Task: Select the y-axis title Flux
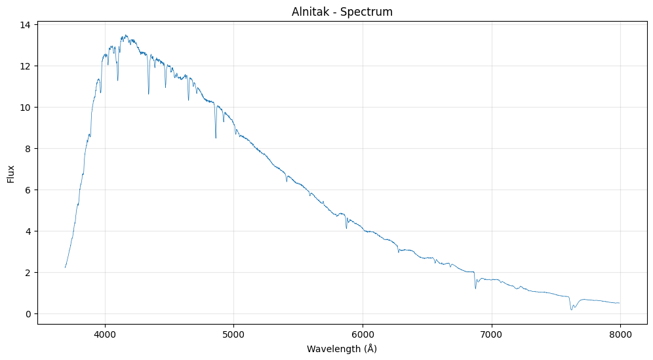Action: [11, 173]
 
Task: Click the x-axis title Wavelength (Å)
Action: [342, 349]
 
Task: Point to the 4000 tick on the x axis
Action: [105, 334]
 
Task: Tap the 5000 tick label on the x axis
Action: [233, 334]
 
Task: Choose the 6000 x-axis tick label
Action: [363, 334]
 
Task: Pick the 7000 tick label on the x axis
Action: [491, 334]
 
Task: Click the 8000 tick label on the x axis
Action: [620, 334]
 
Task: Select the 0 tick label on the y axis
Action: [29, 314]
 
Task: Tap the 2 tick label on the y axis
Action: [29, 273]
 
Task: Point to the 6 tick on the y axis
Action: [29, 190]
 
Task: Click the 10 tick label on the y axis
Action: [26, 108]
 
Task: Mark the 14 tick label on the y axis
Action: [26, 25]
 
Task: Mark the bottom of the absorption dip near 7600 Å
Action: [571, 310]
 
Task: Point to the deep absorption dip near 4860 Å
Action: [216, 138]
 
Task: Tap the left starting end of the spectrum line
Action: [65, 268]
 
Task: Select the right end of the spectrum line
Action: [620, 303]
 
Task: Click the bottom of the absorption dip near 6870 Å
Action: [475, 289]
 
